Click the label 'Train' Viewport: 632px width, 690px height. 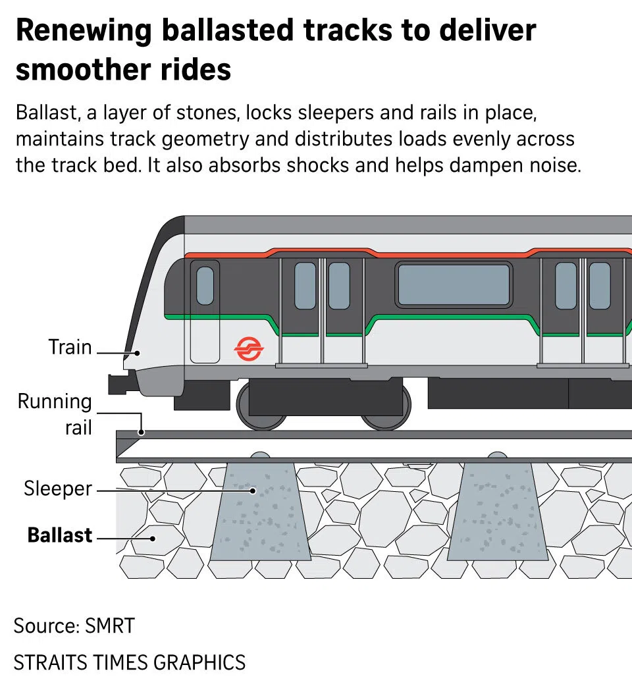[x=70, y=347]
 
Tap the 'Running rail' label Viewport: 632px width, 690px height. [x=55, y=414]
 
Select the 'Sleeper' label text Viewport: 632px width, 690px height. [x=58, y=489]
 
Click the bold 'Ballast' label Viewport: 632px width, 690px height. [x=60, y=535]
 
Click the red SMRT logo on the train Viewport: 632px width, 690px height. [x=249, y=348]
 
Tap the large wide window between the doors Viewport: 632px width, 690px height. [x=454, y=284]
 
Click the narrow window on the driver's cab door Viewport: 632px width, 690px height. [x=205, y=285]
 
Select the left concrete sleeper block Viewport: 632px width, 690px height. [x=261, y=514]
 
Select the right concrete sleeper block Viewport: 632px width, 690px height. [x=497, y=514]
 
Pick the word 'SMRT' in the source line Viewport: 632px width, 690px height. [x=110, y=625]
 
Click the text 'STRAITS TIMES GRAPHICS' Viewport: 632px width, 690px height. [x=130, y=662]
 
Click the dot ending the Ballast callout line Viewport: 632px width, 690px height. [x=153, y=538]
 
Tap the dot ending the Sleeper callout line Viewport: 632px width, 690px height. [x=252, y=491]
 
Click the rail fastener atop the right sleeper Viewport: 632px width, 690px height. [x=497, y=456]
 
